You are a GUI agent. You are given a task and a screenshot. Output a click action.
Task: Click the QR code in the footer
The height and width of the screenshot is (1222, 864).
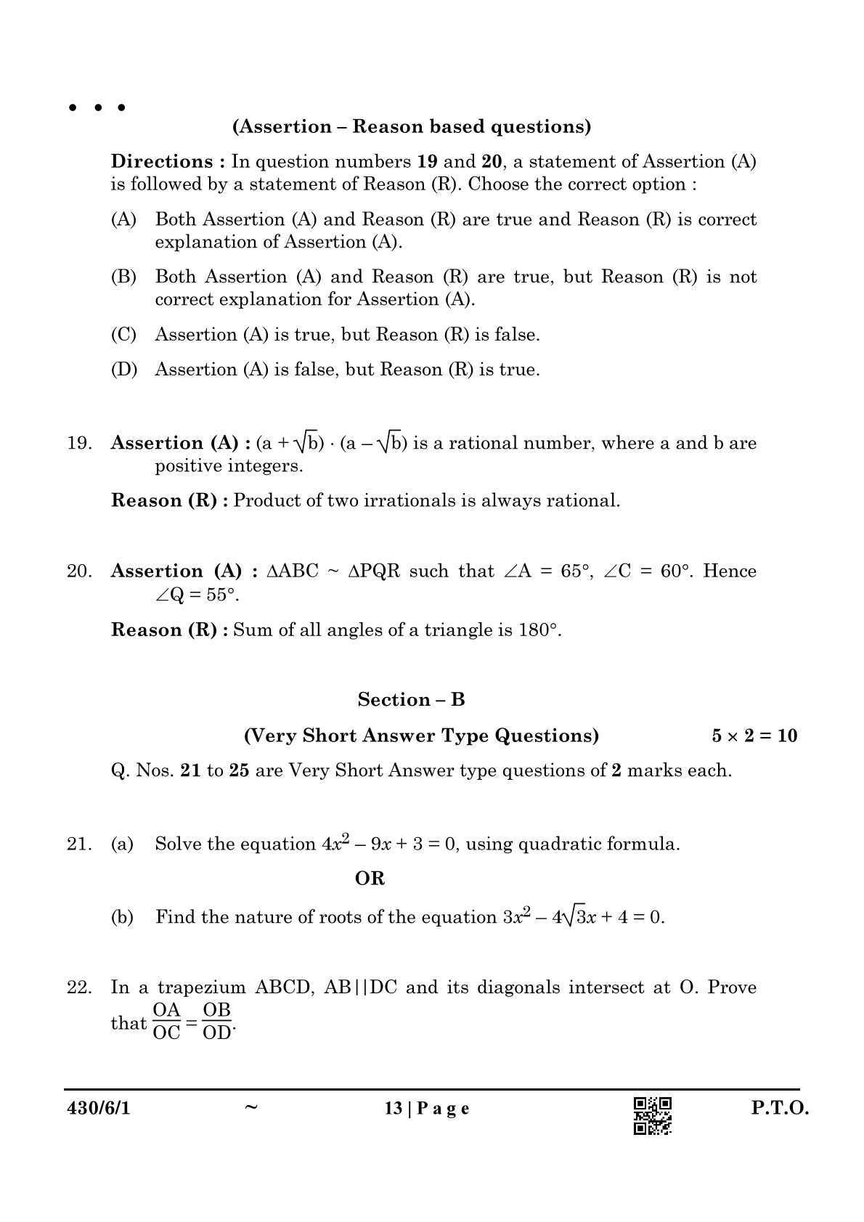[x=652, y=1115]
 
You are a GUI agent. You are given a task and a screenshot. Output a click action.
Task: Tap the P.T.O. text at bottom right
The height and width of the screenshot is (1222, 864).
[x=780, y=1109]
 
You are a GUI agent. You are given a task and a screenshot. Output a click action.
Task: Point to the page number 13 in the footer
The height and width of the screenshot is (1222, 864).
[x=394, y=1109]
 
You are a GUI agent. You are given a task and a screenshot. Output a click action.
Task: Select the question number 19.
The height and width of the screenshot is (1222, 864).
[x=79, y=444]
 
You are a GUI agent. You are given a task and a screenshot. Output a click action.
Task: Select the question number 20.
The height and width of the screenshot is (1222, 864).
[x=79, y=571]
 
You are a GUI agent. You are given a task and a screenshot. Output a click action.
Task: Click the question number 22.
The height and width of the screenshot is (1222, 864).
[x=79, y=987]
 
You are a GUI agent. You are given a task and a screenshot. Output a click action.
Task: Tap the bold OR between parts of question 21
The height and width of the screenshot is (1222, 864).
[x=370, y=879]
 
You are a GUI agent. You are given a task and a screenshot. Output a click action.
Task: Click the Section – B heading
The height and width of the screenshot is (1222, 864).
[x=411, y=700]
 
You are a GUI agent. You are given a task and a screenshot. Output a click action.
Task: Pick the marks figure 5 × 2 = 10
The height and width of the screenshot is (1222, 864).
[x=754, y=736]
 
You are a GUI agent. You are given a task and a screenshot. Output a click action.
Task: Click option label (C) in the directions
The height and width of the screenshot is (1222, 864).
[x=123, y=335]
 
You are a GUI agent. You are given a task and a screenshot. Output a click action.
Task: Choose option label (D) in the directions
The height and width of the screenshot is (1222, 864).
[x=123, y=370]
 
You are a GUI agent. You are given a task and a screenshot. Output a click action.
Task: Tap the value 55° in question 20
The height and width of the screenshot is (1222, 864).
[x=221, y=595]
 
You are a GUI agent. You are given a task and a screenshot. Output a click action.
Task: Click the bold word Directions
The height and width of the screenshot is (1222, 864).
[x=162, y=161]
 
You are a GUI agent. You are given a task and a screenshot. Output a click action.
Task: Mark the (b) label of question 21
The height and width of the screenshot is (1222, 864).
[x=122, y=917]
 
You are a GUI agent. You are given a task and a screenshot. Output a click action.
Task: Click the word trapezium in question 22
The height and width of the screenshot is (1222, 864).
[x=202, y=987]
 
